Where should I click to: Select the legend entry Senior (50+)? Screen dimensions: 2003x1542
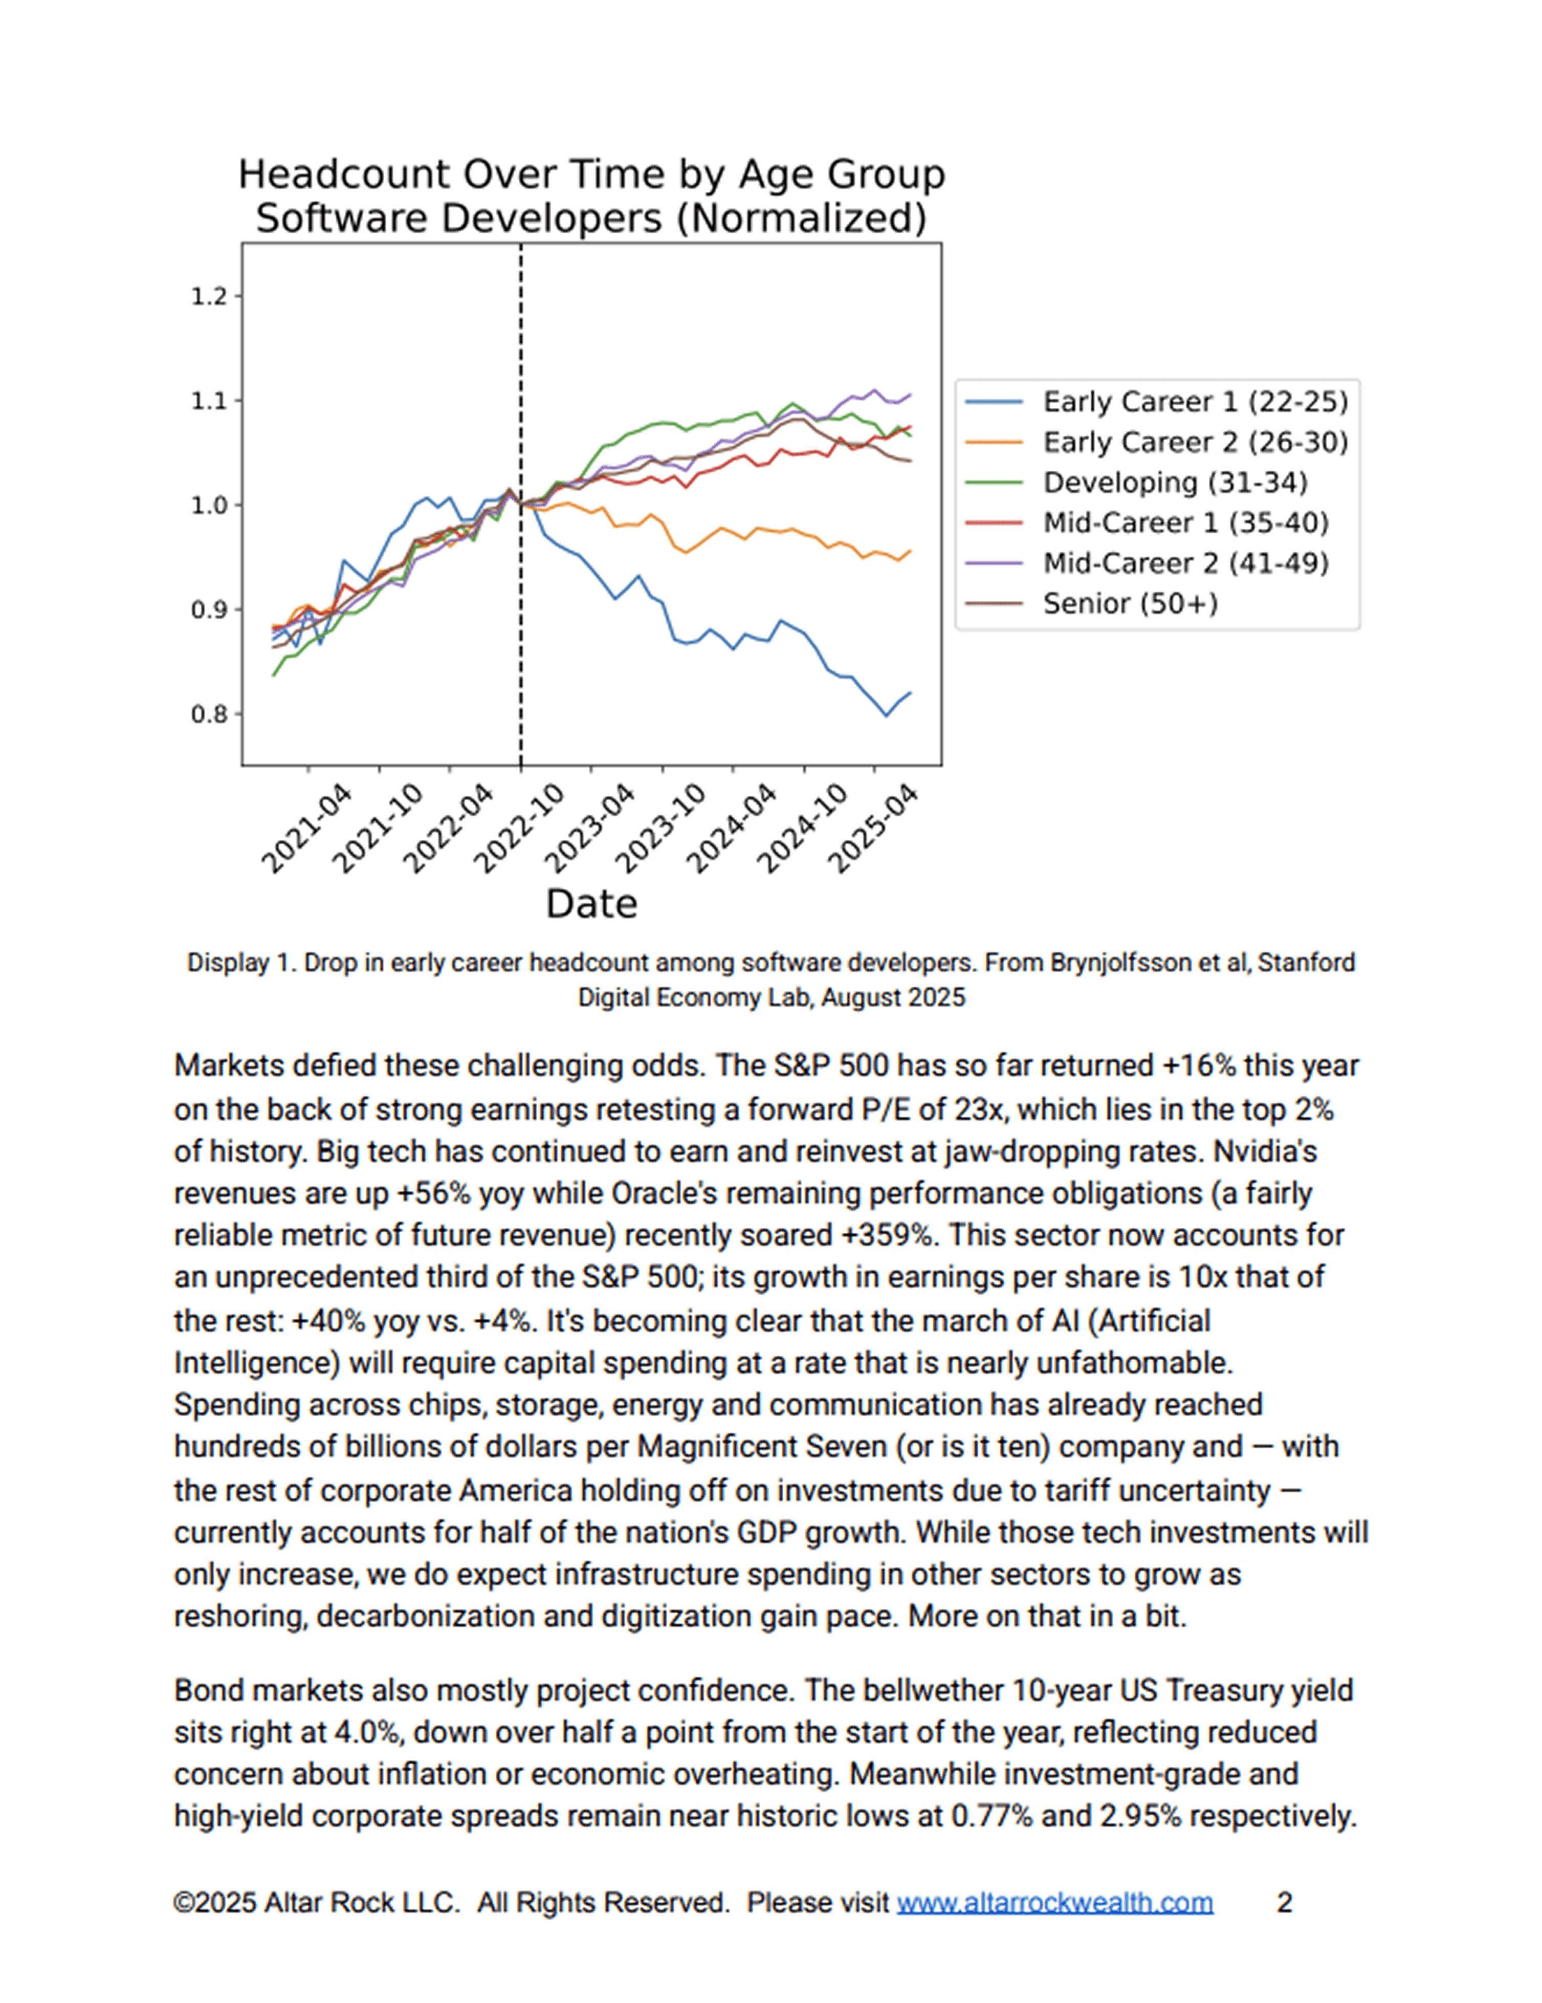(1130, 603)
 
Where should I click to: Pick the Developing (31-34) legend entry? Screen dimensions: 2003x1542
(1174, 483)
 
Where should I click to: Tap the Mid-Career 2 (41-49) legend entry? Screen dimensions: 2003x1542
(1184, 563)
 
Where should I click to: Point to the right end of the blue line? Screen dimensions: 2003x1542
(910, 693)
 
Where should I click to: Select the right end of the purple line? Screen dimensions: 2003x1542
(910, 395)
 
